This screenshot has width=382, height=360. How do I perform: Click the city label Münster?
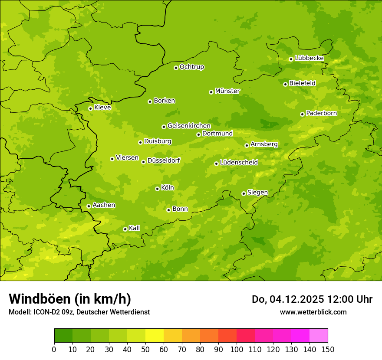pos(227,91)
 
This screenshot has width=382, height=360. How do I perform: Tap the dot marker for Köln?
pos(157,189)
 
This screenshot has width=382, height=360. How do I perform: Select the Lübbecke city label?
pos(309,58)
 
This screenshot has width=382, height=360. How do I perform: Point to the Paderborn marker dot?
pos(302,114)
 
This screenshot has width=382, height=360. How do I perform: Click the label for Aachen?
pos(104,205)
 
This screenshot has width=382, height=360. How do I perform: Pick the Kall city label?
pos(135,228)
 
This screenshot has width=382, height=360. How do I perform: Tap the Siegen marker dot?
pos(244,193)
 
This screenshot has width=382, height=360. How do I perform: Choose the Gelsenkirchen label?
pos(189,126)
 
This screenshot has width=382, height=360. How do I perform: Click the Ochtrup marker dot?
pos(176,68)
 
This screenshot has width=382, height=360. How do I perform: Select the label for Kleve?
pos(102,108)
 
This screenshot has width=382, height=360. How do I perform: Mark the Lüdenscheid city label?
pos(239,163)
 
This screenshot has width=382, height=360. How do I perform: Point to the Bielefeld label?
pos(302,83)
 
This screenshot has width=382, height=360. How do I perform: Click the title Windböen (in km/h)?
pos(70,299)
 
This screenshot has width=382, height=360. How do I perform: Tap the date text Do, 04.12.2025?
pos(286,299)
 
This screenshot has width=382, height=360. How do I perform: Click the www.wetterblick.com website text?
pos(313,312)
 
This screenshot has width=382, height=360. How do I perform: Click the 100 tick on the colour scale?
pos(237,349)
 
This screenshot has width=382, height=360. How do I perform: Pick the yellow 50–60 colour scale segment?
pos(155,336)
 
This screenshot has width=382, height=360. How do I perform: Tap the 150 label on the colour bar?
pos(328,349)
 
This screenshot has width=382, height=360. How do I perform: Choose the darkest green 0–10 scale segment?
pos(63,336)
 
